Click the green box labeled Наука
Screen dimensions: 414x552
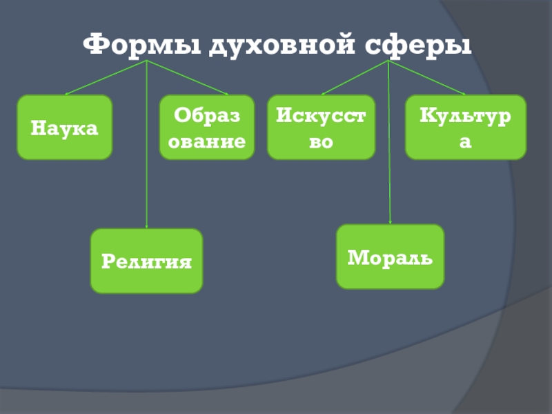tap(65, 128)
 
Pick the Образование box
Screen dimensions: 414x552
tap(207, 128)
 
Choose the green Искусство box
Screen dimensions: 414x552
tap(321, 128)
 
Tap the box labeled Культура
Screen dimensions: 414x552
tap(466, 128)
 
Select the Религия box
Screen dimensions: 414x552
tap(146, 261)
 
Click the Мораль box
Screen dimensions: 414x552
tap(390, 257)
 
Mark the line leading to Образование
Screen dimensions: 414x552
tap(188, 78)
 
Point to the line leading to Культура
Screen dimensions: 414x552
tap(428, 78)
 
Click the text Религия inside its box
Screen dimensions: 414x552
tap(146, 262)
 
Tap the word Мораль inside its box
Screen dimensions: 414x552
tap(390, 257)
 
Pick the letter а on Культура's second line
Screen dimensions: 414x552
tap(466, 141)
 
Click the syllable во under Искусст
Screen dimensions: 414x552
tap(321, 141)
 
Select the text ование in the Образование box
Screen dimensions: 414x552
tap(207, 141)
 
